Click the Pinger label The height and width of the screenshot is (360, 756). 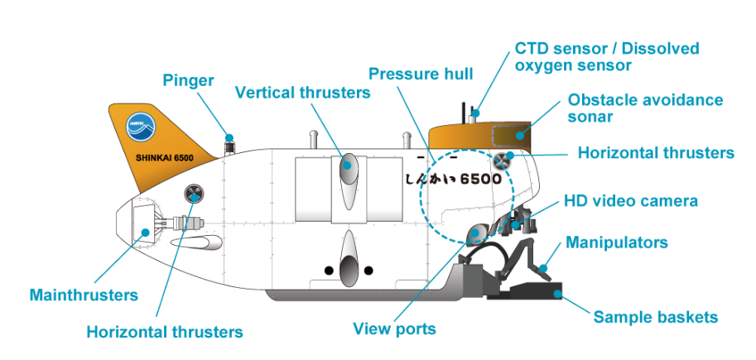click(x=189, y=80)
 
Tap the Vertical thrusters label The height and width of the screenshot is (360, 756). click(x=302, y=92)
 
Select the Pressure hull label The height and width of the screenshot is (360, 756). click(x=421, y=74)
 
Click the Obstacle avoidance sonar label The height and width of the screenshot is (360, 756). click(x=645, y=108)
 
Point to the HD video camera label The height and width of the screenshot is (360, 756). click(x=630, y=200)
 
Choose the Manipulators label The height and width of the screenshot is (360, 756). click(x=616, y=242)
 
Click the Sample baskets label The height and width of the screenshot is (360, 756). click(x=655, y=316)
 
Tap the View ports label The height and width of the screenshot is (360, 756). click(x=394, y=329)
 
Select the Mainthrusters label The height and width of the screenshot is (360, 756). click(x=83, y=295)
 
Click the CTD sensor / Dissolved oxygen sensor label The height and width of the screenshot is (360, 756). click(x=606, y=56)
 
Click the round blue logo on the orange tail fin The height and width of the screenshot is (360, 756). click(x=138, y=127)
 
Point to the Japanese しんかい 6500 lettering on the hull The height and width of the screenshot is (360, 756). click(x=453, y=178)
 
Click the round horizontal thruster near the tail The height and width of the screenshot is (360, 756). click(x=194, y=194)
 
